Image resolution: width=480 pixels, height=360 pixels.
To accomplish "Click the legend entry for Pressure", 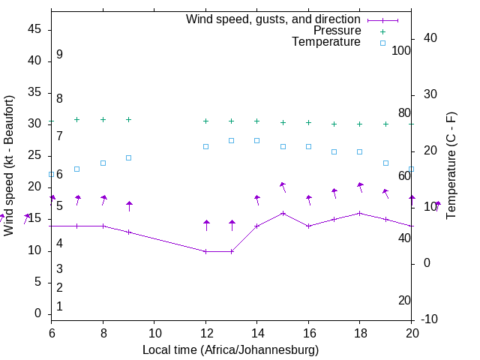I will pyautogui.click(x=337, y=31).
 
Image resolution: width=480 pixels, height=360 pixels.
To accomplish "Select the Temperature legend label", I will pyautogui.click(x=326, y=42).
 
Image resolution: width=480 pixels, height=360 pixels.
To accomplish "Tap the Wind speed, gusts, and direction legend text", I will pyautogui.click(x=273, y=19).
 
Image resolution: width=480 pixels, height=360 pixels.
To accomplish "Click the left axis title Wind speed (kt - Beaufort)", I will pyautogui.click(x=9, y=166).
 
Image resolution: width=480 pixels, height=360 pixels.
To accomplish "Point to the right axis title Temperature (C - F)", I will pyautogui.click(x=451, y=166).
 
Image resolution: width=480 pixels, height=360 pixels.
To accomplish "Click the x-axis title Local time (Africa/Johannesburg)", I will pyautogui.click(x=231, y=350).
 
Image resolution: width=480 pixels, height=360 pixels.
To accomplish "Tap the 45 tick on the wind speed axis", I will pyautogui.click(x=35, y=29).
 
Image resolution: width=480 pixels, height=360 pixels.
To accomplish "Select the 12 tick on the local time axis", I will pyautogui.click(x=205, y=332).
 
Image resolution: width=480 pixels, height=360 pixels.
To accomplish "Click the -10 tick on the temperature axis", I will pyautogui.click(x=430, y=319).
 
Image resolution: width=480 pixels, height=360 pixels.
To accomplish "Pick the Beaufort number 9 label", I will pyautogui.click(x=59, y=55).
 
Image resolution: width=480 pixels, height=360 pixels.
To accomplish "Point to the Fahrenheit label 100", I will pyautogui.click(x=401, y=50).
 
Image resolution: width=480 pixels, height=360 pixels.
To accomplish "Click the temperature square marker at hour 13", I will pyautogui.click(x=231, y=140).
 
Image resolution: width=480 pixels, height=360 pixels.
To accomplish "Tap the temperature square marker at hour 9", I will pyautogui.click(x=129, y=157).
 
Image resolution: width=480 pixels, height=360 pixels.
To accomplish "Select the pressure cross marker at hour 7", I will pyautogui.click(x=77, y=119).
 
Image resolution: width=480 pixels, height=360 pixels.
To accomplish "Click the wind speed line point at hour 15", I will pyautogui.click(x=283, y=213).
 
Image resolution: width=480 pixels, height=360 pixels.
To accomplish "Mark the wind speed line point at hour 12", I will pyautogui.click(x=205, y=251).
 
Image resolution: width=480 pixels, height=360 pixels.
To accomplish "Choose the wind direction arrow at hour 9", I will pyautogui.click(x=129, y=205).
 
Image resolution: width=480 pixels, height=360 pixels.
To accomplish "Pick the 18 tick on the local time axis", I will pyautogui.click(x=360, y=332).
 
